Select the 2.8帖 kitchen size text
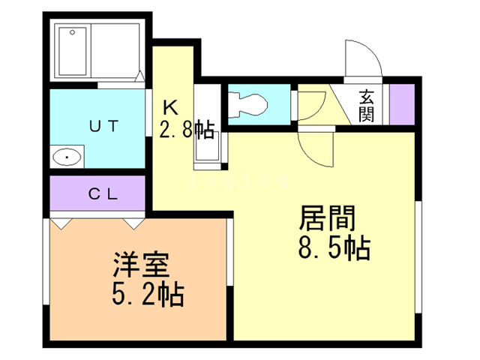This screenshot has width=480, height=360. (187, 129)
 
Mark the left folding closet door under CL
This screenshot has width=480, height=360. (61, 223)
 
